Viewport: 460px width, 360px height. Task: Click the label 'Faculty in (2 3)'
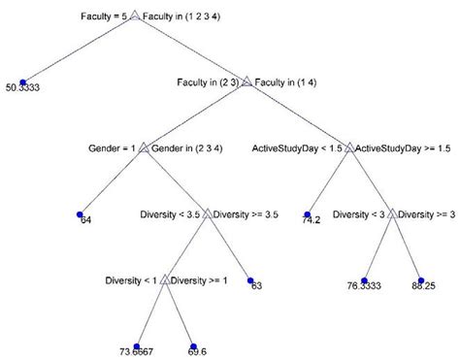211,82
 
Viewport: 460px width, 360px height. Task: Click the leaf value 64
84,219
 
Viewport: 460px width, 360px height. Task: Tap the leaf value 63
256,286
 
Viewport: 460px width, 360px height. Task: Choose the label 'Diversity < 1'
130,280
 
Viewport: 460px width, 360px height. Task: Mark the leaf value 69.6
198,348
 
